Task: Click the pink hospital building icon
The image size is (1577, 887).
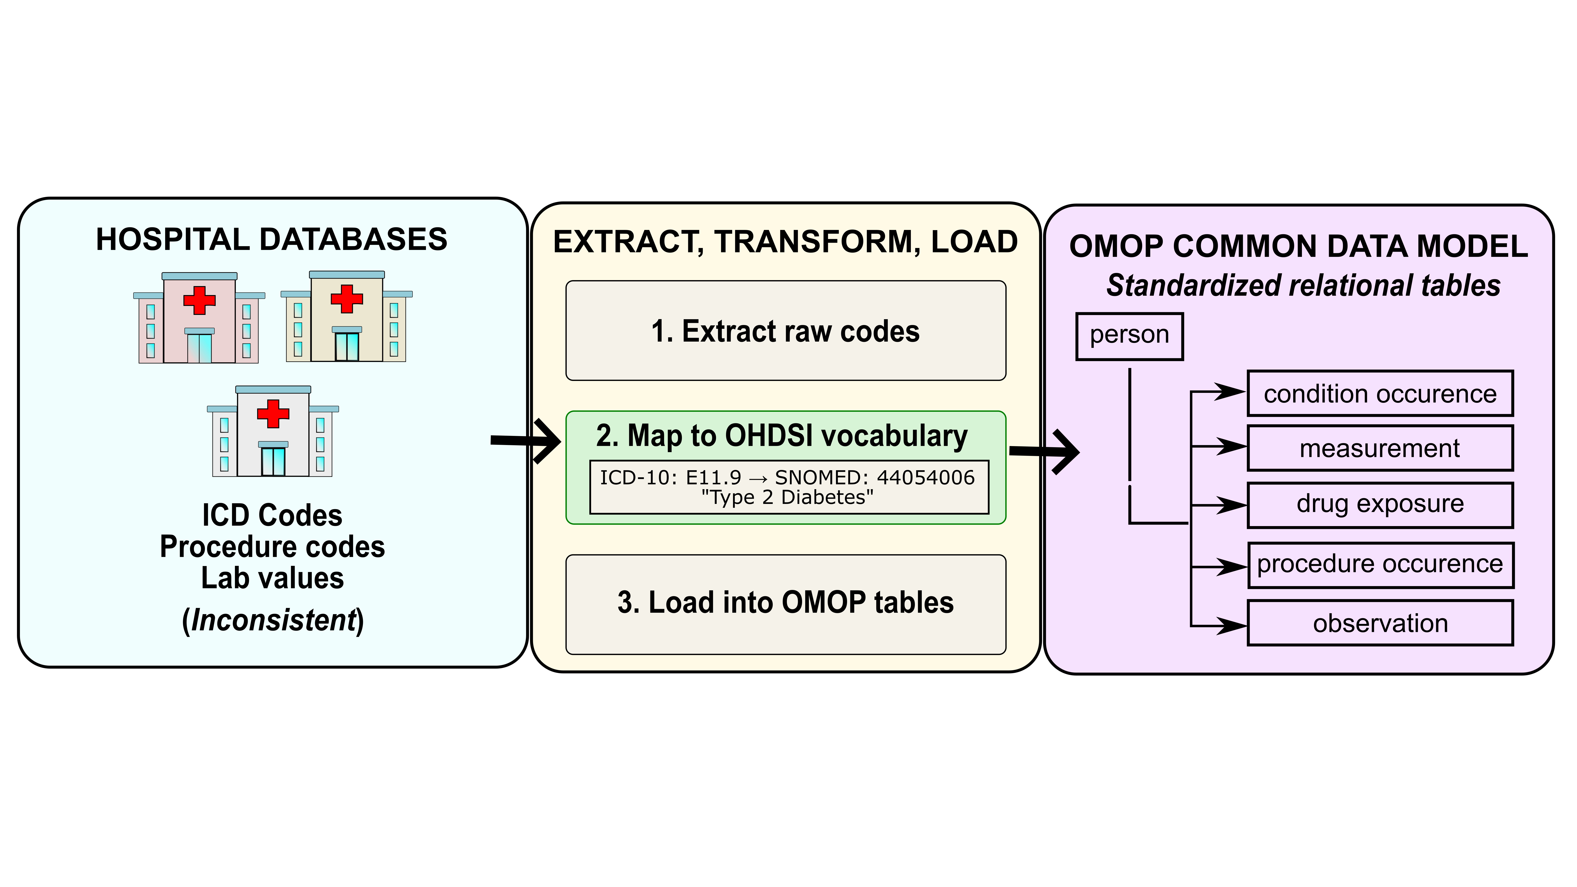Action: [x=199, y=318]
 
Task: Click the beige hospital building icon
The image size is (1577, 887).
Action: [x=347, y=317]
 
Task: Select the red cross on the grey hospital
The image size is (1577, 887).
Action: [x=273, y=414]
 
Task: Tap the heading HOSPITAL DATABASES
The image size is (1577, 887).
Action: [x=271, y=239]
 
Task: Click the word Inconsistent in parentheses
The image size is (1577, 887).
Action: [x=273, y=620]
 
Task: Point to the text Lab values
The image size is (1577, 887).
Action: [x=273, y=578]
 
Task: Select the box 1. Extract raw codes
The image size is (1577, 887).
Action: [x=785, y=331]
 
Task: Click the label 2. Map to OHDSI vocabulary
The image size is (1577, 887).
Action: [x=782, y=436]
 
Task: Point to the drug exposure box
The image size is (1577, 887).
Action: [x=1380, y=504]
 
